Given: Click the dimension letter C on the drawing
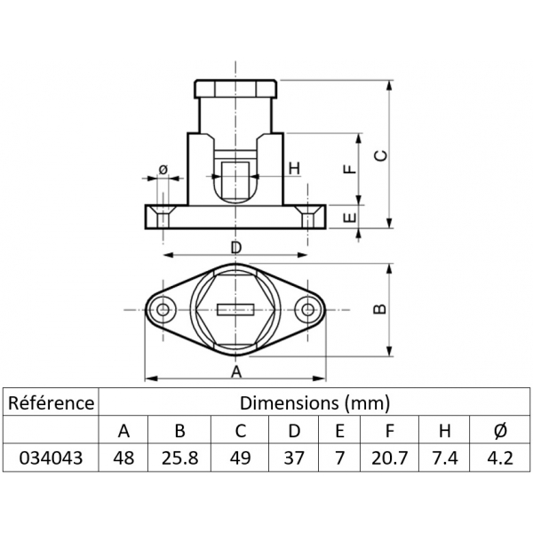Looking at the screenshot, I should point(381,155).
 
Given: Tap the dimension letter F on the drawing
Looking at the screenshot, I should point(349,168).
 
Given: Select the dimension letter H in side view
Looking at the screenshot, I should point(293,168).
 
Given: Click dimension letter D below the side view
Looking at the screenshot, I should point(236,246).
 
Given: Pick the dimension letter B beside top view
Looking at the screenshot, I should point(379,307).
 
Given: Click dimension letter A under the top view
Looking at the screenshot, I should point(236,370).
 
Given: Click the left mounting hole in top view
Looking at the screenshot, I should point(163,309).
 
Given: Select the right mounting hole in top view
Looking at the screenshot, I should point(308,309).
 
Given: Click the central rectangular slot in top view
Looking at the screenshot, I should point(236,309).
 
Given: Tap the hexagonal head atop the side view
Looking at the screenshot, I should point(236,89).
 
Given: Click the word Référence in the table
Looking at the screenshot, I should point(51,402).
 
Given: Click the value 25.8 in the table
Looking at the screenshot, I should point(179,458).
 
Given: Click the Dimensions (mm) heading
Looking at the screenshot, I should point(315,402).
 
